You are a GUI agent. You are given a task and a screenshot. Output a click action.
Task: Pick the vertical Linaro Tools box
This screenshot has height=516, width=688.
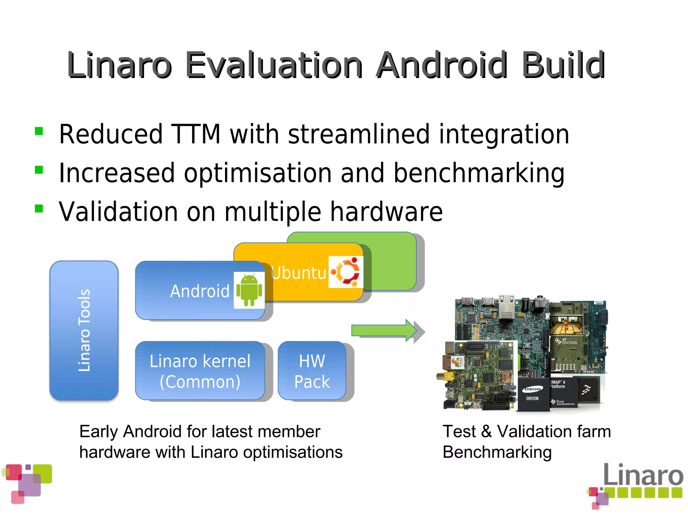pos(84,331)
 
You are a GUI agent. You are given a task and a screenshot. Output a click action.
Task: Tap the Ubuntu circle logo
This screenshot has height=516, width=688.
pos(346,272)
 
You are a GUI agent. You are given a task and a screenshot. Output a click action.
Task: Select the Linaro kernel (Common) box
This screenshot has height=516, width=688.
pos(200,371)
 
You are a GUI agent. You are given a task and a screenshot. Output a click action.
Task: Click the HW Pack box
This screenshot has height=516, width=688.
pos(312,371)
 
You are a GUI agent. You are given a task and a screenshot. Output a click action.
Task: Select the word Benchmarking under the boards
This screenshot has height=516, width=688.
pos(497,452)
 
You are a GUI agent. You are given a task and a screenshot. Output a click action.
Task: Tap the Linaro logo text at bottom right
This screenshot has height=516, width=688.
pos(643,475)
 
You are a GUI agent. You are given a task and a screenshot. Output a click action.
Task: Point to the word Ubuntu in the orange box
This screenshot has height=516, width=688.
pos(298,273)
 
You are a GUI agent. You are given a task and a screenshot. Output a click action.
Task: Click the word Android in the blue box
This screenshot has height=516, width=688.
pos(200,291)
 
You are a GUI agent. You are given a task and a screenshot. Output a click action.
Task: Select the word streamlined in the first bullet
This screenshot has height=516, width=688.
pos(359,134)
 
